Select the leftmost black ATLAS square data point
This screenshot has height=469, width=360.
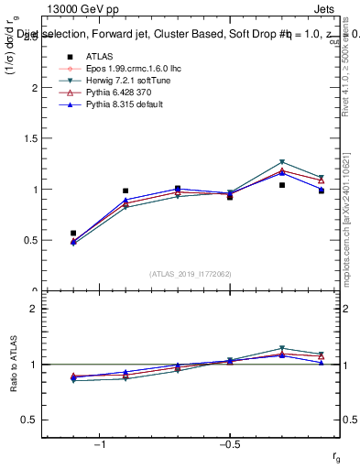(73, 234)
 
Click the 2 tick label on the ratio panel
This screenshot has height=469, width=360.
(34, 309)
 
